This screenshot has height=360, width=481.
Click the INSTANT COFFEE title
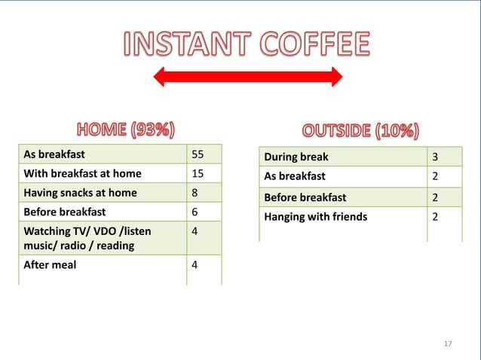point(247,44)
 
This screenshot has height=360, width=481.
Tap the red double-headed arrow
point(247,76)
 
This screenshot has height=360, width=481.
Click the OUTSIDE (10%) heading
point(360,130)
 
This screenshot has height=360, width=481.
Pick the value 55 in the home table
point(198,154)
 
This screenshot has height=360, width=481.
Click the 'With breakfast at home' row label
point(82,173)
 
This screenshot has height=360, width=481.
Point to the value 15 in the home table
point(198,173)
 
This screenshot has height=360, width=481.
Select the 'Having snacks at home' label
point(80,192)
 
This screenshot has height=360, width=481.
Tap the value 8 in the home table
point(195,192)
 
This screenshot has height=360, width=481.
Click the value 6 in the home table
point(195,212)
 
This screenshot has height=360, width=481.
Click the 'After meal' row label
point(50,264)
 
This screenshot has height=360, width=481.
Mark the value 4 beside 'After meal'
point(195,264)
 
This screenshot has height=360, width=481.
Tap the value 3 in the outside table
point(434,157)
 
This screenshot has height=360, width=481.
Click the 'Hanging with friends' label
point(315,217)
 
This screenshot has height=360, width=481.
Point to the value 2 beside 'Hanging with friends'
point(434,217)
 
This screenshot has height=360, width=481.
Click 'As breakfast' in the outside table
point(294,176)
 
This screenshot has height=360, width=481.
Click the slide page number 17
point(448,343)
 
